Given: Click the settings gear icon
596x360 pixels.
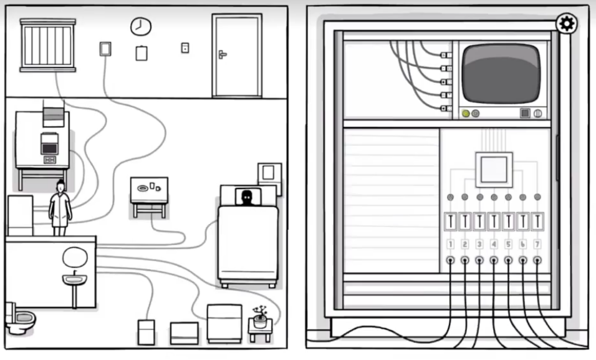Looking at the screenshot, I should (567, 24).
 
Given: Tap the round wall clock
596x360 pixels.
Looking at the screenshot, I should (140, 26).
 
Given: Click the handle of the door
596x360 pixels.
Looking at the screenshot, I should (222, 55).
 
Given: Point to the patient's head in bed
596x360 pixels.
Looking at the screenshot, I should (248, 197).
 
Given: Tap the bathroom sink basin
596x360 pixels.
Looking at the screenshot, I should (74, 280).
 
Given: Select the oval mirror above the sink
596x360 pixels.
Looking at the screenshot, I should (74, 256).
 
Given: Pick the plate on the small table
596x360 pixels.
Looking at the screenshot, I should (143, 187).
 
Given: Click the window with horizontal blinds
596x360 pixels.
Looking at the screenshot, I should (47, 44).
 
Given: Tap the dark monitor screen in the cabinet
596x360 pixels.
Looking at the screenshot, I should (501, 72).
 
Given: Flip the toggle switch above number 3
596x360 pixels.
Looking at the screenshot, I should (479, 221).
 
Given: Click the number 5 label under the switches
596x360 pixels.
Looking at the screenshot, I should (508, 244).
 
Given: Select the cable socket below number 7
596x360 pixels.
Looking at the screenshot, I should (537, 260).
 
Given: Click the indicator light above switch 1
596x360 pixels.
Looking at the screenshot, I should (450, 198).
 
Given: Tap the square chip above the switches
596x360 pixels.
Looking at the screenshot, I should (494, 169).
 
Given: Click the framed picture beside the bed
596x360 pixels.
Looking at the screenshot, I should (269, 173).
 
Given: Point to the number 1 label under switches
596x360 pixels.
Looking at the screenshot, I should (450, 244).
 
